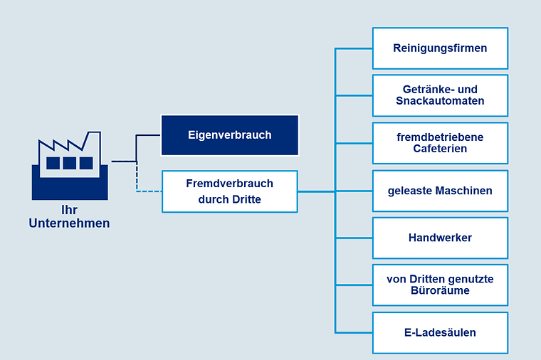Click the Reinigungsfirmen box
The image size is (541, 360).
(440, 48)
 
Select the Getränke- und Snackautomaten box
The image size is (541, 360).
(440, 95)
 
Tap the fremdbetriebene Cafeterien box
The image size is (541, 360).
(440, 143)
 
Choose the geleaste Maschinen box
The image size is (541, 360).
(440, 191)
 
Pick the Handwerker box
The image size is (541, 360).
(440, 238)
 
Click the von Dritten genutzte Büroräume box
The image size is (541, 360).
(440, 285)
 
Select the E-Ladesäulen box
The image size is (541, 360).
(440, 333)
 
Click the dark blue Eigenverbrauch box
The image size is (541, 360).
(230, 135)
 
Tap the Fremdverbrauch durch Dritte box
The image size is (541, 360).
(230, 191)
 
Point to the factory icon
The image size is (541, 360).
(70, 166)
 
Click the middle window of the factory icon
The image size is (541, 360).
(69, 163)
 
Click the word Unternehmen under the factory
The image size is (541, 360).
(69, 223)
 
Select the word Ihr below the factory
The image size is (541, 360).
(69, 210)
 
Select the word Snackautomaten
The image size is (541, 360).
(440, 101)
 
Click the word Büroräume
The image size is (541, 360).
(440, 290)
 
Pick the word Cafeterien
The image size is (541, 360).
(440, 149)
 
